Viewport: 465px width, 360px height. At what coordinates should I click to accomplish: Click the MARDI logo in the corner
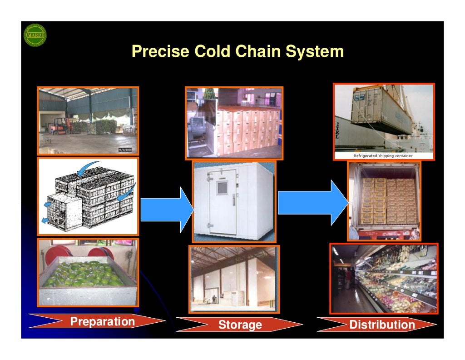click(35, 35)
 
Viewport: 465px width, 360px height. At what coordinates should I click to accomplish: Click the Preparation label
click(102, 322)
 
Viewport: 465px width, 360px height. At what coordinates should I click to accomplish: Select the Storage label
click(240, 325)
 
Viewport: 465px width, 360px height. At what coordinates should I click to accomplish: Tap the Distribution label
click(381, 325)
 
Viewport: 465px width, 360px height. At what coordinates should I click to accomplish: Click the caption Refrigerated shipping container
click(383, 156)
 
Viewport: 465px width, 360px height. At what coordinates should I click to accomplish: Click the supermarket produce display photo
click(384, 278)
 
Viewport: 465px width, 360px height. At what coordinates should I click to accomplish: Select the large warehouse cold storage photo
click(234, 279)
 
